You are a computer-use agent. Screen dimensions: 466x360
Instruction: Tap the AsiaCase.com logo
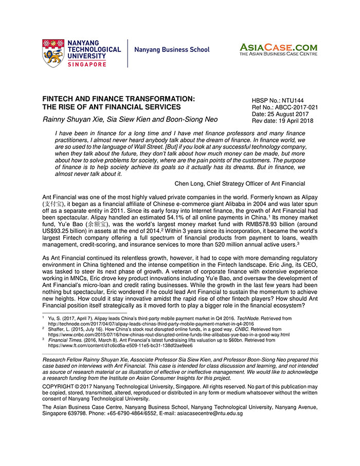pyautogui.click(x=278, y=49)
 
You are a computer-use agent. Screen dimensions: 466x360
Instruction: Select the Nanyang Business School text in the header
pyautogui.click(x=172, y=50)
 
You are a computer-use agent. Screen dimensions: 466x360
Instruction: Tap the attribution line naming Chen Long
pyautogui.click(x=240, y=184)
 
